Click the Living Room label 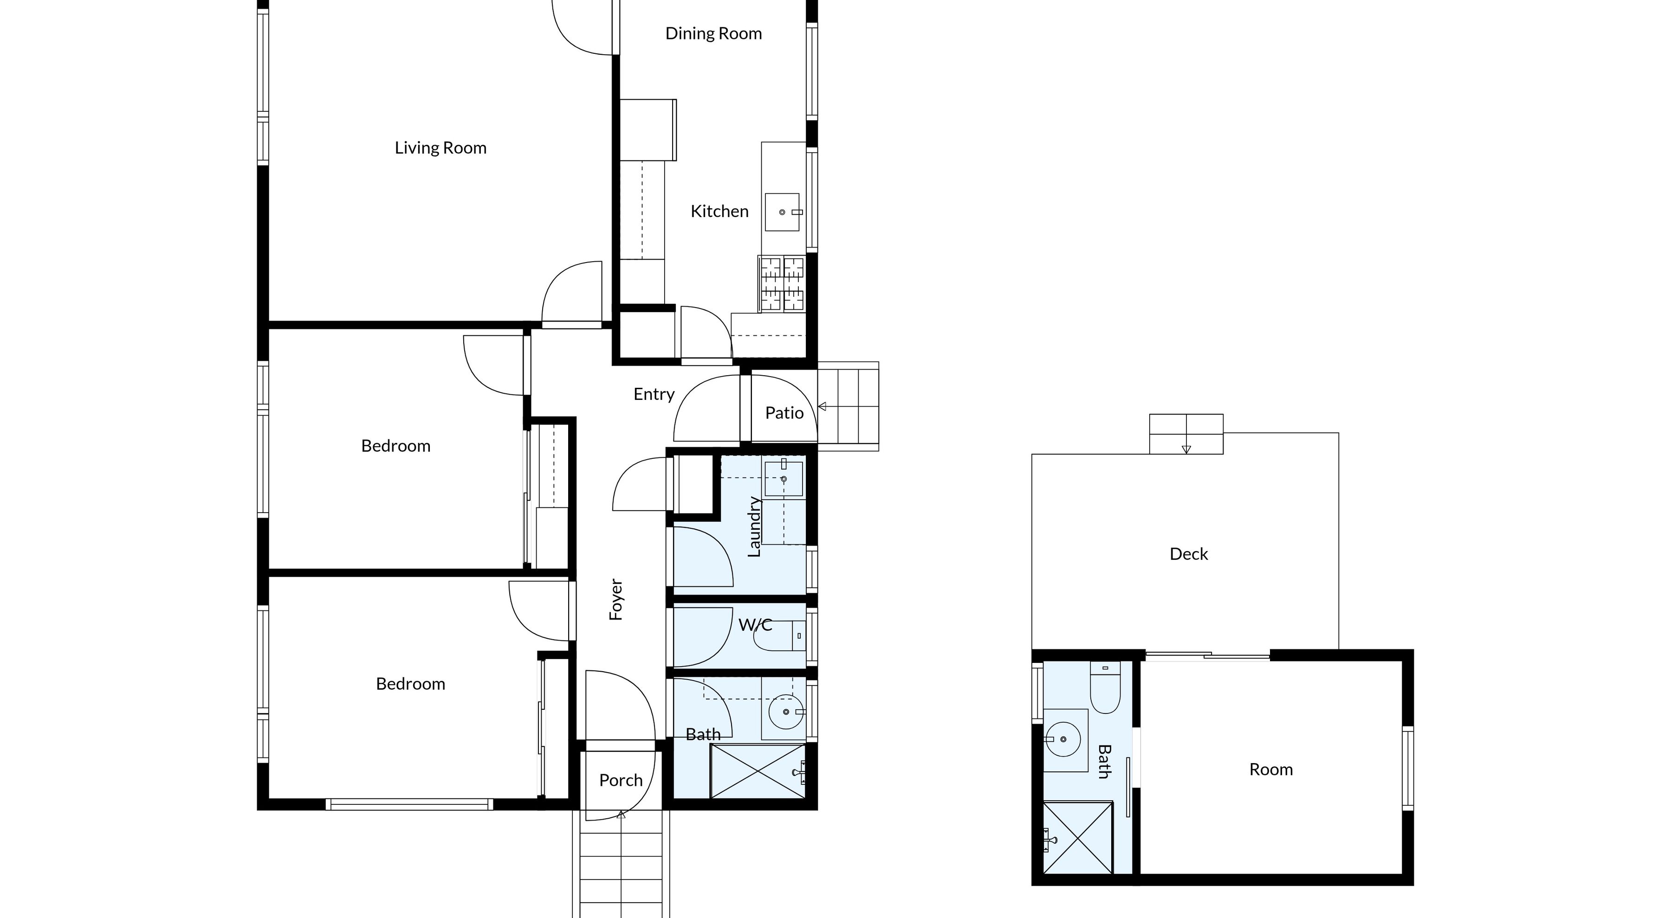[440, 148]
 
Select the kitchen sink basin [782, 212]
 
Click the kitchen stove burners [782, 284]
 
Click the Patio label [784, 413]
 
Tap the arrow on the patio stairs [823, 406]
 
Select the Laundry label [754, 526]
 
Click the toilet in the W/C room [778, 636]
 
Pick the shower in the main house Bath [757, 771]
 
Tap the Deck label [1188, 554]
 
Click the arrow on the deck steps [1186, 449]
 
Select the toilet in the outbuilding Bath [1105, 688]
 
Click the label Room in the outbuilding [1271, 770]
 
